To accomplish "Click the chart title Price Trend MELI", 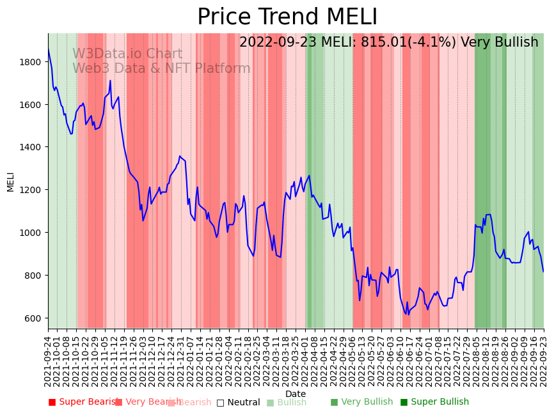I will (287, 17).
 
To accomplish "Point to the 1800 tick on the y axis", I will (31, 62).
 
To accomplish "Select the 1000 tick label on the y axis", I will (31, 233).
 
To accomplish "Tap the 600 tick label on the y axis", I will (34, 318).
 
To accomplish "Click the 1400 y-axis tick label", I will (31, 147).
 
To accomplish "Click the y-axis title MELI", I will (11, 182).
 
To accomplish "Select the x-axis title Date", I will (296, 394).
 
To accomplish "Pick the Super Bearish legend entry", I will (83, 402).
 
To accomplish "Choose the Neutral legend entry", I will (238, 402).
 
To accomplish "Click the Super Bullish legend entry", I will (434, 402).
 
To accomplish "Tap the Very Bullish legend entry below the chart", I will (361, 402).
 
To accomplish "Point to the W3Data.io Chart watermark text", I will (127, 54).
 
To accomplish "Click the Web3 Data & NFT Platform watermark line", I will (161, 68).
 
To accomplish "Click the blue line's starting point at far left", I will (49, 49).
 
